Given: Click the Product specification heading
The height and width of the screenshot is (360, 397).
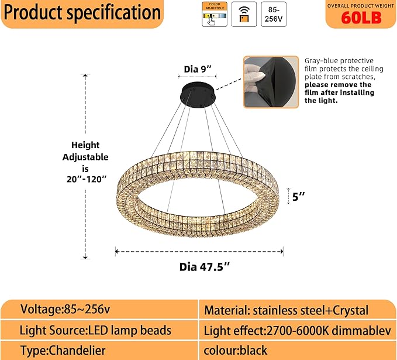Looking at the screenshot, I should click(82, 12).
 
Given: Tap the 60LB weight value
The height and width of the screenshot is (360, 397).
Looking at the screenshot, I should click(361, 18).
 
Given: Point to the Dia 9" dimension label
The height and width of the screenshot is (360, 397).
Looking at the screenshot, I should click(197, 69).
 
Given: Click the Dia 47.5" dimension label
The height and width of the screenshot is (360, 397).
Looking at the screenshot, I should click(204, 267).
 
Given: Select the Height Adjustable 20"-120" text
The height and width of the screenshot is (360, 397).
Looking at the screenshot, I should click(85, 162).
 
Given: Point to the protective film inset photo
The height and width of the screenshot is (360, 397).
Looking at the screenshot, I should click(271, 82).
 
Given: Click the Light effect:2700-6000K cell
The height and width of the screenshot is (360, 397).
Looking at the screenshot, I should click(297, 330).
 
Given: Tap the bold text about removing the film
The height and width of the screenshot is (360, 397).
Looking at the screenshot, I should click(339, 92).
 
